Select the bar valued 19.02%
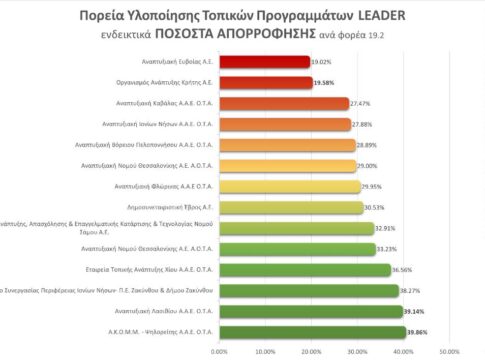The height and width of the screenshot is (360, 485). point(263,61)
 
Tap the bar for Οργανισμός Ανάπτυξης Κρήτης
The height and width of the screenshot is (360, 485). point(264,82)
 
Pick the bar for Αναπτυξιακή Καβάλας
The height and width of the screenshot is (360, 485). point(282,103)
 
